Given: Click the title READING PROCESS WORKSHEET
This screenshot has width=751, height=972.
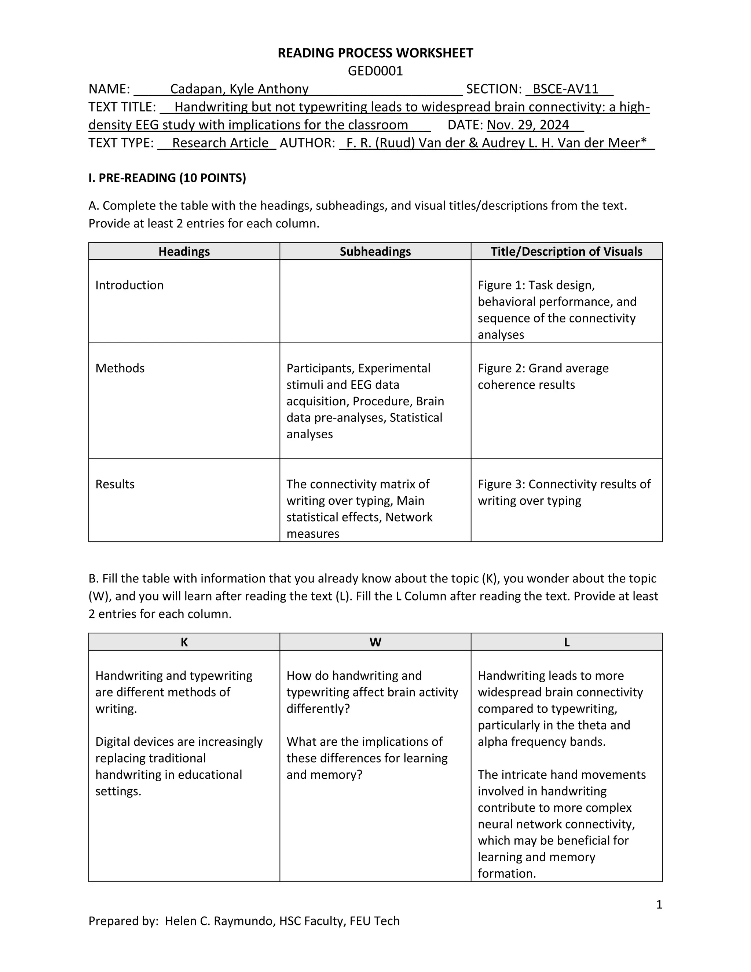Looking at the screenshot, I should pyautogui.click(x=375, y=53).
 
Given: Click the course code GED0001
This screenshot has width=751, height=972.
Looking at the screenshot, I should pyautogui.click(x=375, y=71).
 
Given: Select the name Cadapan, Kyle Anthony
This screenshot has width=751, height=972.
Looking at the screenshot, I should pyautogui.click(x=239, y=89).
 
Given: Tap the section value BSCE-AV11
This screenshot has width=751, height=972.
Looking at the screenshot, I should pyautogui.click(x=565, y=89).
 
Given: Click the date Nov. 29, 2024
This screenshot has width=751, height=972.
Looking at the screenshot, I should pyautogui.click(x=528, y=125).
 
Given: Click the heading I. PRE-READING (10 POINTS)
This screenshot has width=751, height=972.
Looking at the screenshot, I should pyautogui.click(x=167, y=178).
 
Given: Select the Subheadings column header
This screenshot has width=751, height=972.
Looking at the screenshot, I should pyautogui.click(x=375, y=252).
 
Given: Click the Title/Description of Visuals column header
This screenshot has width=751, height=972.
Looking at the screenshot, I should pyautogui.click(x=566, y=252).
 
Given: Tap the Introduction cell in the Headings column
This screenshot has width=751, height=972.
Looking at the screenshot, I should pyautogui.click(x=129, y=285).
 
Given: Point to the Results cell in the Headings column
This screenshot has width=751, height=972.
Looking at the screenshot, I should pyautogui.click(x=115, y=484).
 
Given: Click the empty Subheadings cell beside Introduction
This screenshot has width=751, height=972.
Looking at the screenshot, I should pyautogui.click(x=375, y=301).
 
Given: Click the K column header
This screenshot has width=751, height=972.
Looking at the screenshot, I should pyautogui.click(x=184, y=642).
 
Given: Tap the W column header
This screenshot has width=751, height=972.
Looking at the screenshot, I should pyautogui.click(x=375, y=642).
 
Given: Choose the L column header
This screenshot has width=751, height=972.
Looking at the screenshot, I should pyautogui.click(x=566, y=642).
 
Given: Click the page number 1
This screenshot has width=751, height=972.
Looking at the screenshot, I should pyautogui.click(x=659, y=905).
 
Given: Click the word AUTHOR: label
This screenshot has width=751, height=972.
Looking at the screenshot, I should pyautogui.click(x=307, y=143).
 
